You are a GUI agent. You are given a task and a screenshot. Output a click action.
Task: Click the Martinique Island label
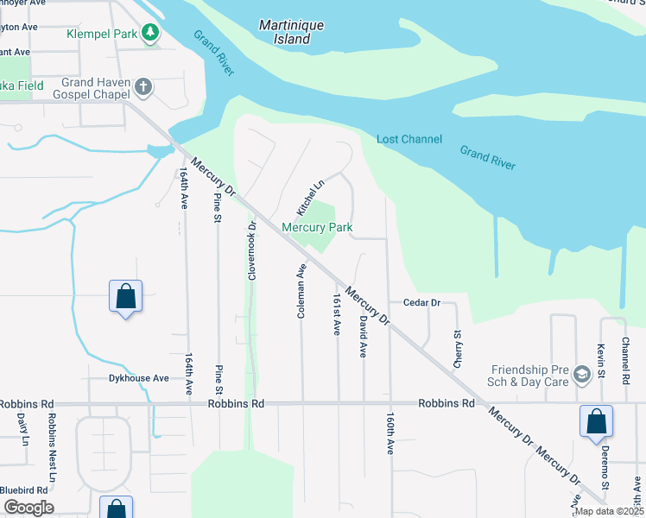coord(291,32)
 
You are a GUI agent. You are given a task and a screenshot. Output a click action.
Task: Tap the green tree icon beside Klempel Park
coord(151,32)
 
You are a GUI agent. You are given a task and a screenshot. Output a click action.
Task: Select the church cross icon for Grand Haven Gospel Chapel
coord(143,86)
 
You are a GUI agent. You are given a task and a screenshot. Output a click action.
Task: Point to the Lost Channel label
coord(408,140)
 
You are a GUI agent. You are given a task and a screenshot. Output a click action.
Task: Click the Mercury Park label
coord(316,228)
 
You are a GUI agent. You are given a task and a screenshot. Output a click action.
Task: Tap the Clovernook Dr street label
coord(252,251)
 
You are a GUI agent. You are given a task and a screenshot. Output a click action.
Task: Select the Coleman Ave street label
coord(301,291)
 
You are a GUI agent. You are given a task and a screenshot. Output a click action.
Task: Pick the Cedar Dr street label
coord(421,303)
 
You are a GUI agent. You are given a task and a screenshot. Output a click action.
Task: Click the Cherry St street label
coord(457,348)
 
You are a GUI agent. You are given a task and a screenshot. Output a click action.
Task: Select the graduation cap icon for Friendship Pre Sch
coord(582,374)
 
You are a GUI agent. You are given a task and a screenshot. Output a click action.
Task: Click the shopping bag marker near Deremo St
coord(596,422)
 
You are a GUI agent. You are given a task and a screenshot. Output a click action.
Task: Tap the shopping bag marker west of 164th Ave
coord(125,296)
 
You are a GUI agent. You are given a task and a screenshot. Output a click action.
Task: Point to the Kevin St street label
coord(598,357)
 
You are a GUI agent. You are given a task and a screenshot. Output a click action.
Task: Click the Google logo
coord(28,508)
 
